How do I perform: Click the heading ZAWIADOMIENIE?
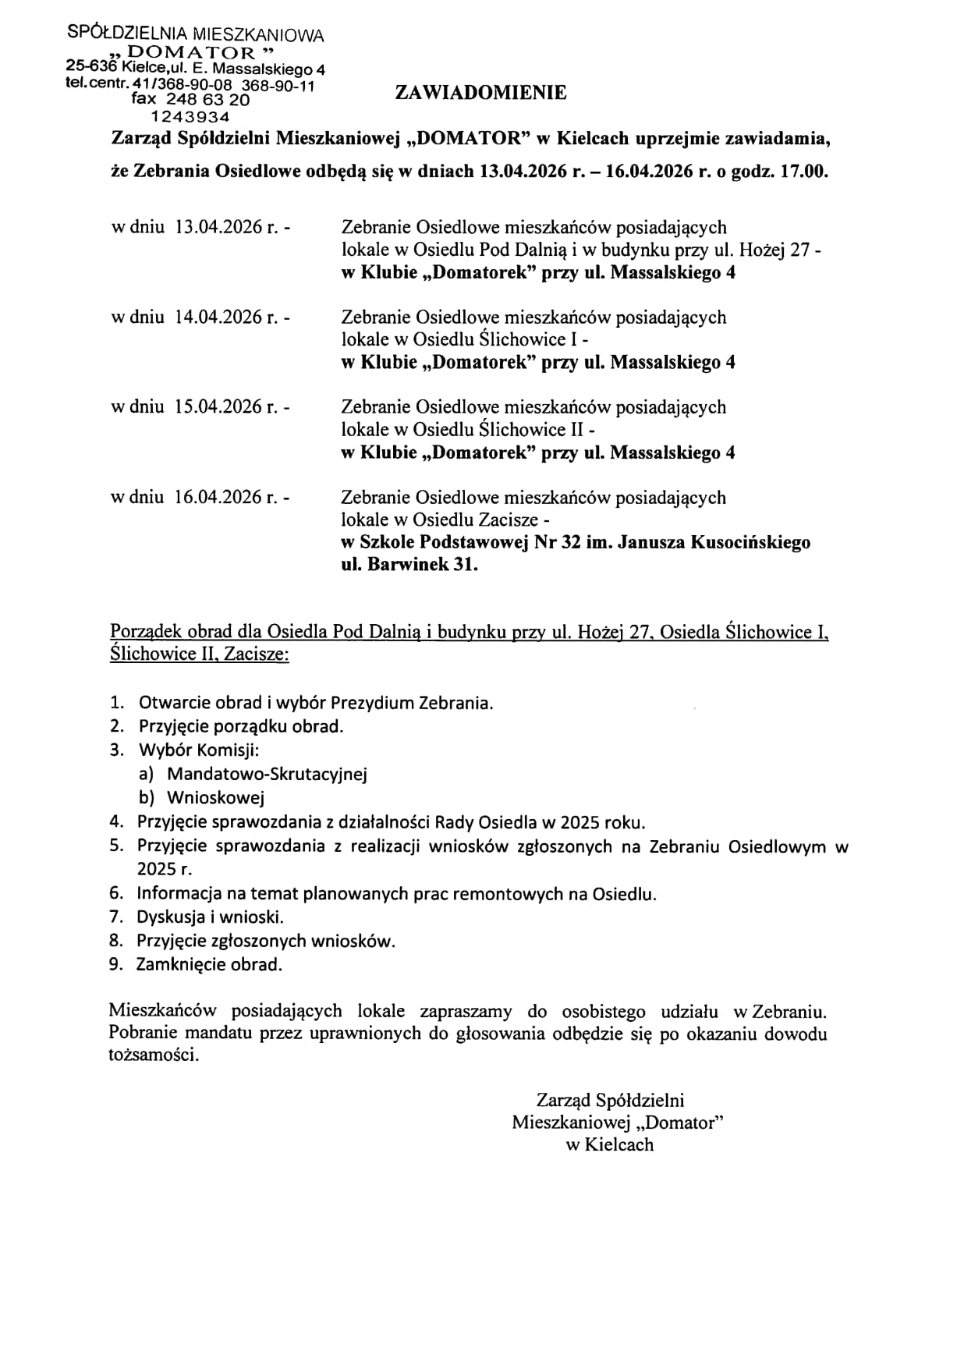pyautogui.click(x=480, y=93)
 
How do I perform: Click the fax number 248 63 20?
pyautogui.click(x=208, y=100)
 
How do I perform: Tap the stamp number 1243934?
pyautogui.click(x=190, y=117)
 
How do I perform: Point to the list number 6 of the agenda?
pyautogui.click(x=116, y=893)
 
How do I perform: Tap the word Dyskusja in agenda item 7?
pyautogui.click(x=171, y=917)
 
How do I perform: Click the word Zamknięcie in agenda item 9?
pyautogui.click(x=182, y=965)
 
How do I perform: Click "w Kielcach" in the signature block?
pyautogui.click(x=609, y=1144)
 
